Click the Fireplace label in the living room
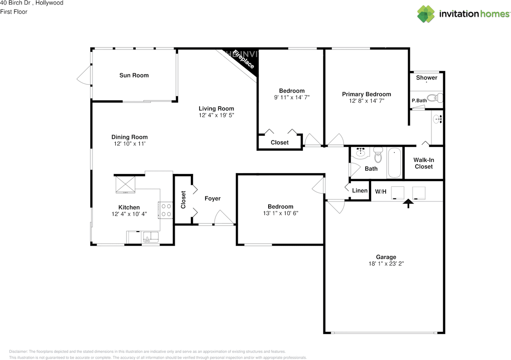pyautogui.click(x=244, y=59)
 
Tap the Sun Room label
pyautogui.click(x=134, y=75)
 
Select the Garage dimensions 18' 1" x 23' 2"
pyautogui.click(x=386, y=263)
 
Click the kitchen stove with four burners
pyautogui.click(x=166, y=210)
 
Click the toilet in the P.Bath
pyautogui.click(x=434, y=97)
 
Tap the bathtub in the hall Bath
pyautogui.click(x=394, y=163)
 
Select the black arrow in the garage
pyautogui.click(x=408, y=204)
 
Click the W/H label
pyautogui.click(x=380, y=192)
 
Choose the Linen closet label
pyautogui.click(x=360, y=190)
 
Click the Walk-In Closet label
pyautogui.click(x=424, y=163)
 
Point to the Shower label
pyautogui.click(x=426, y=77)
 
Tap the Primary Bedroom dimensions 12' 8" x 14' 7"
pyautogui.click(x=366, y=101)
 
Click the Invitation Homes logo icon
pyautogui.click(x=426, y=14)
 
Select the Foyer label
pyautogui.click(x=212, y=198)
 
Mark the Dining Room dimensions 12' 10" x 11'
pyautogui.click(x=129, y=144)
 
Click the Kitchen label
pyautogui.click(x=129, y=207)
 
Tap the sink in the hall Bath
pyautogui.click(x=361, y=152)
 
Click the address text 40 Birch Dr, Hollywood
pyautogui.click(x=32, y=3)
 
